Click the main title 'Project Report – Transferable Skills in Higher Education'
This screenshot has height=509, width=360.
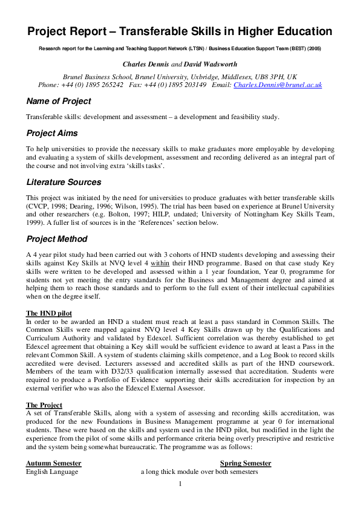click(180, 31)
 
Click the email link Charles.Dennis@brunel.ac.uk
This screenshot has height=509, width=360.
click(278, 85)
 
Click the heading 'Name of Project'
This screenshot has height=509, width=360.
click(59, 102)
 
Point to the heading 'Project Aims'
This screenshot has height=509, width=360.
click(52, 133)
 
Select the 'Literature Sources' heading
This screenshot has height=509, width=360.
click(64, 182)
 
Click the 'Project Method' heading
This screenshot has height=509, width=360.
click(57, 239)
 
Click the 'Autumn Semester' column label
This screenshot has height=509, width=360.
click(53, 463)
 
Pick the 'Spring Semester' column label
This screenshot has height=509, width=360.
click(246, 463)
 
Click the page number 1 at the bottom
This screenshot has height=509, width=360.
click(180, 483)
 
